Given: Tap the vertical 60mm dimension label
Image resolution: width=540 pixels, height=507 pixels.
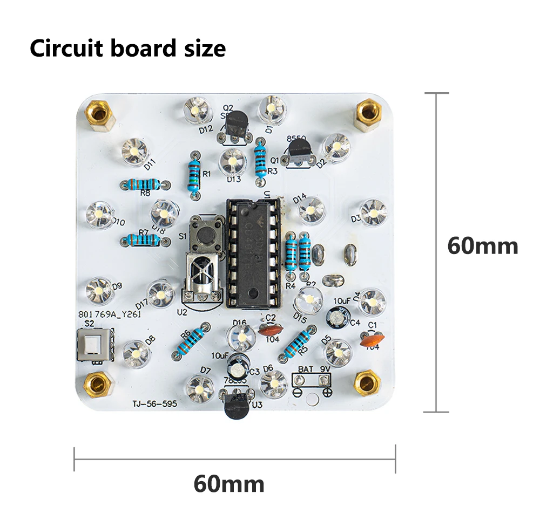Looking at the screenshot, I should click(x=482, y=246).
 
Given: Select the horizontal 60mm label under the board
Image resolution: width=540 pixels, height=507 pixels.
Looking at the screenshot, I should click(x=229, y=483).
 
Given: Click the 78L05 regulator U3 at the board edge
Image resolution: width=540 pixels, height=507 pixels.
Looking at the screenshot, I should click(x=237, y=406).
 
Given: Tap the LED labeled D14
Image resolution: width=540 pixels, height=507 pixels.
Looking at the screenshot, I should click(x=310, y=208).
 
